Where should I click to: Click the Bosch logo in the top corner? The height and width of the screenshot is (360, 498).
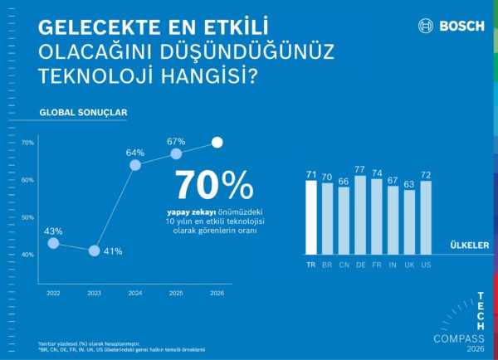click(x=451, y=26)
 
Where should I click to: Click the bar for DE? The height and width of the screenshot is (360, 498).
click(x=359, y=214)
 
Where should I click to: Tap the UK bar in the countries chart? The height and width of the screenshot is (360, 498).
click(x=408, y=222)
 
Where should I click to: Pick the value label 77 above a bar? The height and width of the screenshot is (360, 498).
click(x=359, y=168)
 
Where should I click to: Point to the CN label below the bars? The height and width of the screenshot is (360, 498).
click(x=343, y=265)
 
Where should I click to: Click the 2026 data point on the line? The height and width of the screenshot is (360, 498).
click(x=217, y=143)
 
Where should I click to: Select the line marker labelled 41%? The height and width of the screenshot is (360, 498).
click(x=94, y=251)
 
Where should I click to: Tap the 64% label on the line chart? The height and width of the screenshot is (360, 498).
click(x=135, y=153)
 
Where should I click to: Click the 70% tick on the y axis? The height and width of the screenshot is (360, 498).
click(x=27, y=143)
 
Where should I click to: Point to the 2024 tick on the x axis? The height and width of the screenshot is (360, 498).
click(x=135, y=294)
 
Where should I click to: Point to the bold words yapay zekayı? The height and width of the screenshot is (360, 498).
click(x=185, y=212)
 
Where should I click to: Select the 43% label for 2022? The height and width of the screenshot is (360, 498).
click(x=53, y=231)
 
